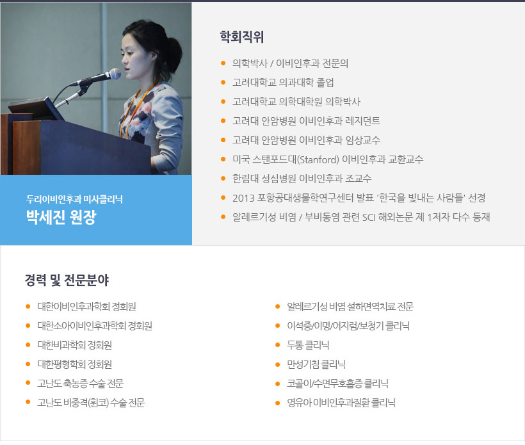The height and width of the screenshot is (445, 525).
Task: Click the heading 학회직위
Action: (242, 37)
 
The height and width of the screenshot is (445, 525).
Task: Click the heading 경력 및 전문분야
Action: (67, 280)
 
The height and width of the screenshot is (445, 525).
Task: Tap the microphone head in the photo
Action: (115, 74)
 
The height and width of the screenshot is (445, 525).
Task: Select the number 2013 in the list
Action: (243, 198)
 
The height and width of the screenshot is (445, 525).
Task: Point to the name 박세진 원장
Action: (61, 217)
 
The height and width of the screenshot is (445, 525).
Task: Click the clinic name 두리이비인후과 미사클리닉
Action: (74, 199)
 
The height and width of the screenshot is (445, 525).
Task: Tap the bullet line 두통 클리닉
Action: (308, 345)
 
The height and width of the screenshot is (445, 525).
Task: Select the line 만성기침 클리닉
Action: (316, 364)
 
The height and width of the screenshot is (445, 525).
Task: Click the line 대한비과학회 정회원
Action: (75, 345)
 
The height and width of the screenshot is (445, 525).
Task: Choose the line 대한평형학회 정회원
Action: (75, 364)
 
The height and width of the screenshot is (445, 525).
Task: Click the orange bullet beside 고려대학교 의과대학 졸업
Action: (223, 82)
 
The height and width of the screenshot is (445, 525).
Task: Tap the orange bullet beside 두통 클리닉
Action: (277, 345)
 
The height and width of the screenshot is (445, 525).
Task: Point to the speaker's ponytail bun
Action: (175, 54)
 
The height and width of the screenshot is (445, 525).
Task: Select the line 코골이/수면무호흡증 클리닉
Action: (337, 383)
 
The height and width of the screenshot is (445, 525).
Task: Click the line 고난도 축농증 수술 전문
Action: (81, 383)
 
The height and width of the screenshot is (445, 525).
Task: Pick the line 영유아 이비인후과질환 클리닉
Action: (341, 403)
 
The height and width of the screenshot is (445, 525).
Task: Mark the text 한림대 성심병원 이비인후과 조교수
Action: (302, 179)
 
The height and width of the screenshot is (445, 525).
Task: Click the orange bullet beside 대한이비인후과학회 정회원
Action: (28, 306)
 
